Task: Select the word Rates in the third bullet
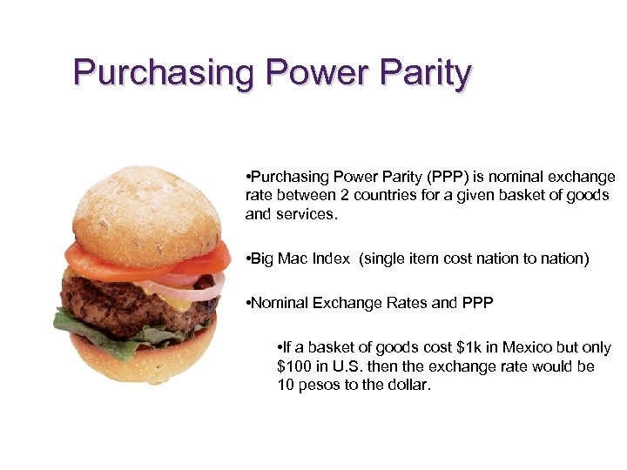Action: point(405,304)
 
